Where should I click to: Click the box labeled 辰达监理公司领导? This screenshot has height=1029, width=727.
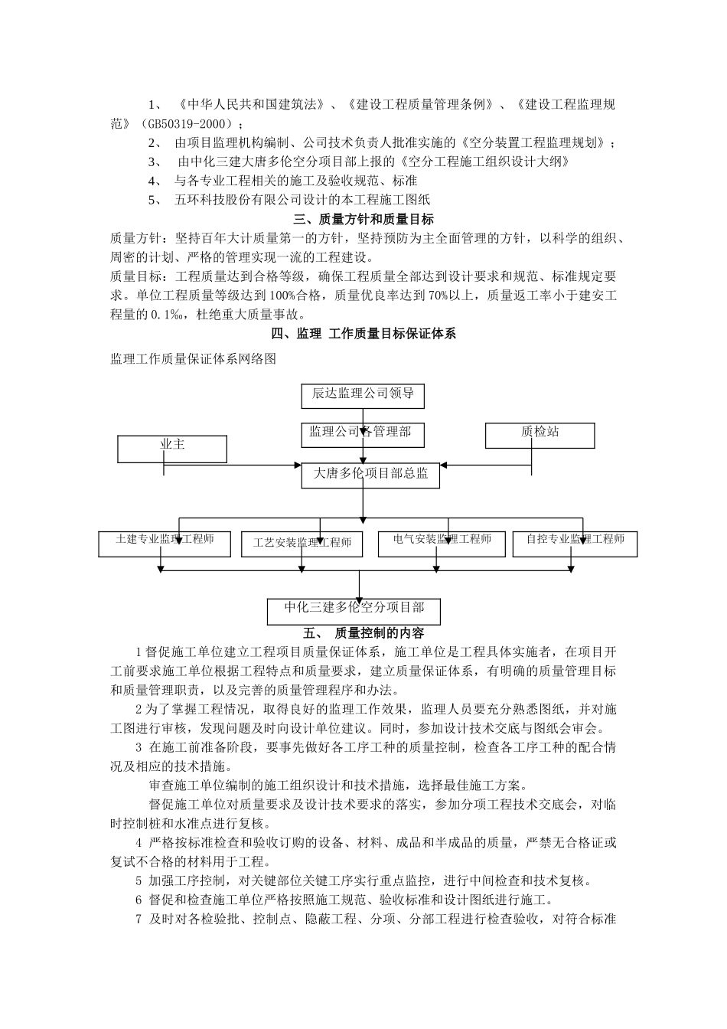click(363, 394)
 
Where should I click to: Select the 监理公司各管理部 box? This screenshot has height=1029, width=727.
click(363, 433)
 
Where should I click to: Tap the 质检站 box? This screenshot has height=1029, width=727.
click(540, 434)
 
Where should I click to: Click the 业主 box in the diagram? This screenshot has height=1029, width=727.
click(172, 448)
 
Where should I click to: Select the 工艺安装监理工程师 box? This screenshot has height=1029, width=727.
click(302, 544)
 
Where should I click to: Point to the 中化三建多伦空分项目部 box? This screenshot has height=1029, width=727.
click(354, 609)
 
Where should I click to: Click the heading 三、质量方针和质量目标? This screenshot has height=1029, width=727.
click(363, 219)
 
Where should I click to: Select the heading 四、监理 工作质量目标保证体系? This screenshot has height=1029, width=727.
click(363, 334)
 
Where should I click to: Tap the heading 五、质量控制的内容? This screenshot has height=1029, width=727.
click(363, 633)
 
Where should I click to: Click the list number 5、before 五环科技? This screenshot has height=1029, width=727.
click(155, 200)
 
